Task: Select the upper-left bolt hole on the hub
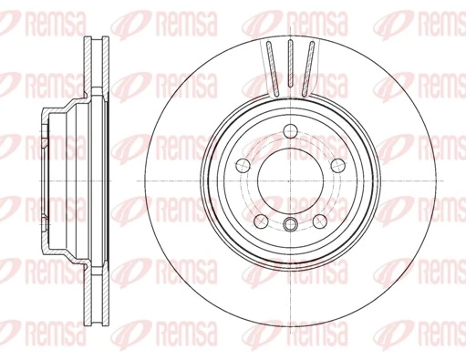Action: (244, 164)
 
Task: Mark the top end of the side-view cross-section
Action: (95, 39)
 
